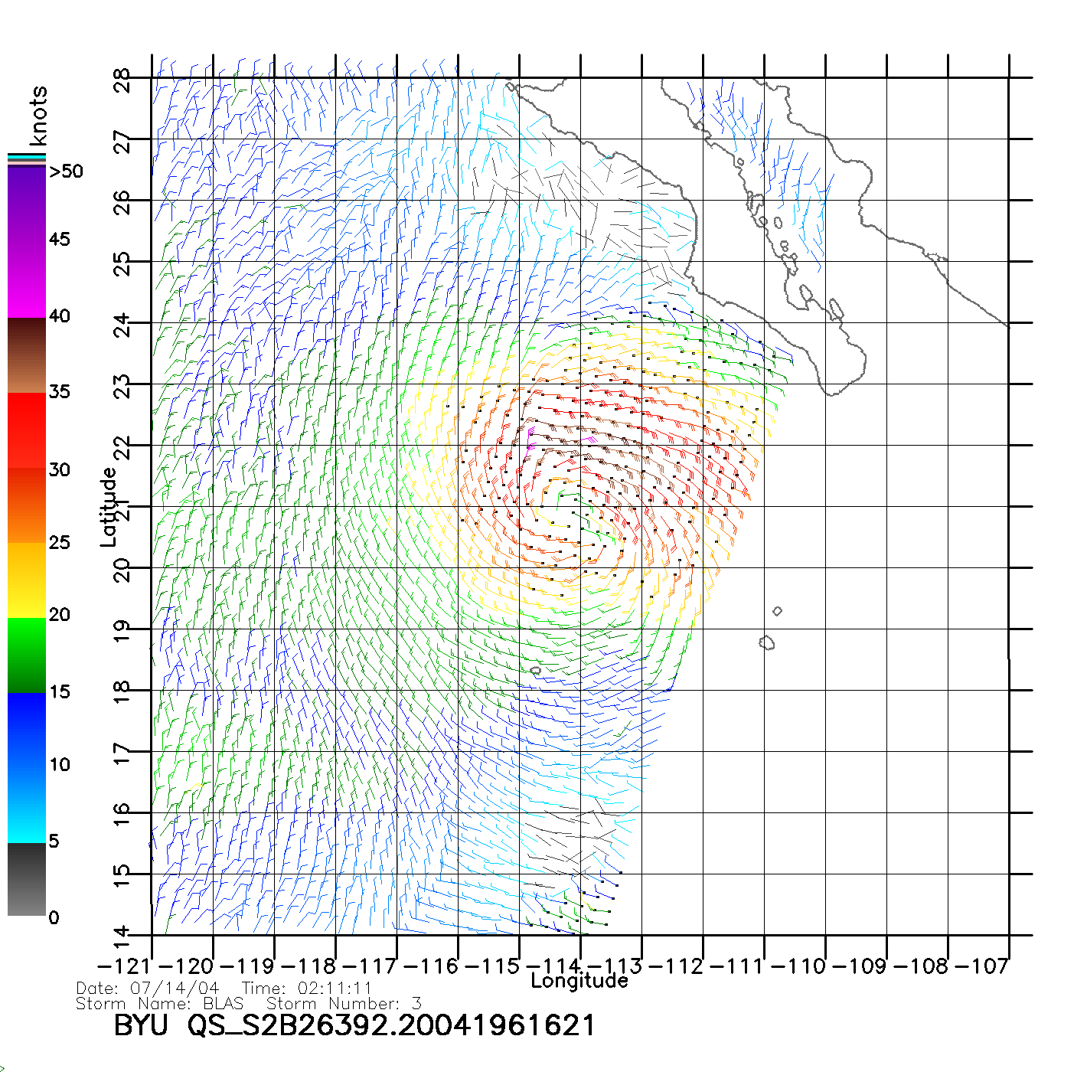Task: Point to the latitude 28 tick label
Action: (x=122, y=80)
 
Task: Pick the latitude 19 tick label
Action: (x=122, y=631)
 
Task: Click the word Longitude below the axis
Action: (x=579, y=981)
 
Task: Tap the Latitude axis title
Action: (x=109, y=506)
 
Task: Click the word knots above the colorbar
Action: (x=38, y=116)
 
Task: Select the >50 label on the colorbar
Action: (x=67, y=172)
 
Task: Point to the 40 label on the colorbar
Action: (x=60, y=315)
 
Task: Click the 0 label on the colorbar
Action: (x=54, y=917)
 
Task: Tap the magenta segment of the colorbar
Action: (x=27, y=279)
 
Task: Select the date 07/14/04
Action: (x=175, y=989)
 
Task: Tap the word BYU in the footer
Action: (x=141, y=1025)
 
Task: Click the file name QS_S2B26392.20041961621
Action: (x=391, y=1025)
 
